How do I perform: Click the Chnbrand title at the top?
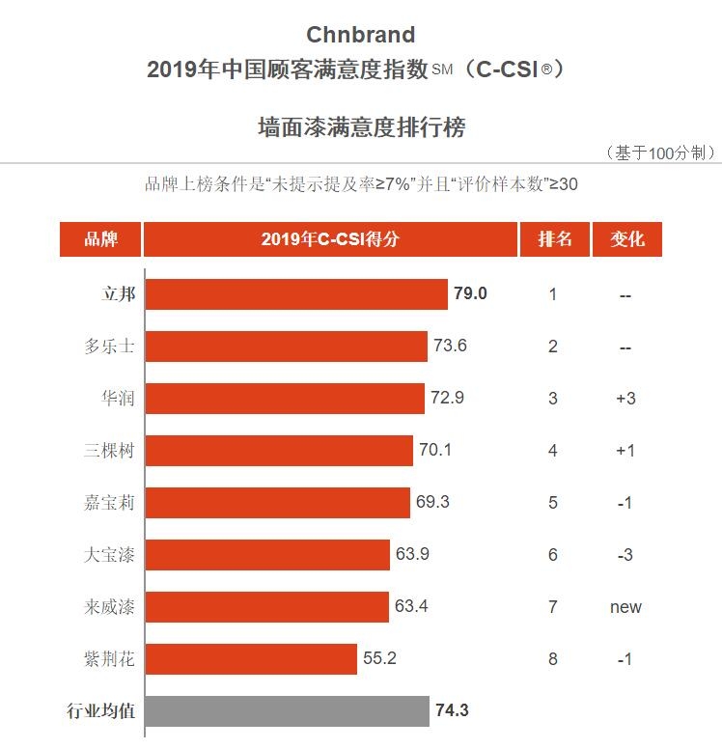point(361,35)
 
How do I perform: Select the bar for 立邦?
point(296,294)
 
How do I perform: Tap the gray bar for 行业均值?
point(287,711)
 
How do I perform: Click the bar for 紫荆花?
point(251,659)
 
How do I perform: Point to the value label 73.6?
point(449,346)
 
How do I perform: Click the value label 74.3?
point(452,711)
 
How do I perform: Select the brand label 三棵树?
point(109,450)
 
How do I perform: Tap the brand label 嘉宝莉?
point(109,502)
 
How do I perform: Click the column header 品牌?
point(100,239)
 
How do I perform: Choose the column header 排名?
point(553,239)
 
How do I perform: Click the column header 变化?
point(626,239)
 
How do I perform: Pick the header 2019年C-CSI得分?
point(330,239)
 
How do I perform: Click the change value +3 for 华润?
point(625,398)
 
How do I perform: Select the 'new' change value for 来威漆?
point(625,607)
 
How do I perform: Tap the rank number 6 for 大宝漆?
point(553,555)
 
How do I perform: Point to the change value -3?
point(625,555)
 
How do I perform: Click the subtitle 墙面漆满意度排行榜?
point(361,127)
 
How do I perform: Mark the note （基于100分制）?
point(659,153)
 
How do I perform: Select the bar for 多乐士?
point(286,347)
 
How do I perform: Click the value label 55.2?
point(379,659)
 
